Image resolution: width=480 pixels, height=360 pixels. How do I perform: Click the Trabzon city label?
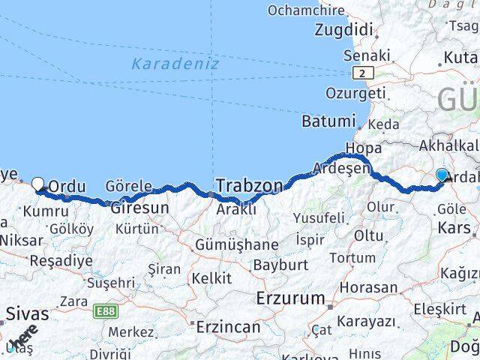(250, 185)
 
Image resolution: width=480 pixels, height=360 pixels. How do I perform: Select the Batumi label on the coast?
(328, 121)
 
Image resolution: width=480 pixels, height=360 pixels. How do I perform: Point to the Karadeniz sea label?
(175, 64)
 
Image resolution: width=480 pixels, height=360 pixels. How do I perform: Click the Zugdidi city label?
(343, 30)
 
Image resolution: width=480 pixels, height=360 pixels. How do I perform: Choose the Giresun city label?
(138, 207)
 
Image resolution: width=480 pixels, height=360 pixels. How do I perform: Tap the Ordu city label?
(67, 186)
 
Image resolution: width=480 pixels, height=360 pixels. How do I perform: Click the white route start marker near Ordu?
(38, 183)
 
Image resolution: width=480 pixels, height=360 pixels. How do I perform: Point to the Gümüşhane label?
(236, 244)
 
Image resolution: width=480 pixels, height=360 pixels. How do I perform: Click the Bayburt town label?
(280, 265)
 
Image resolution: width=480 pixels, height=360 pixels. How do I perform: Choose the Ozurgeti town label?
(355, 93)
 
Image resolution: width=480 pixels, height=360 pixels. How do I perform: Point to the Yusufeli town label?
(319, 218)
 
